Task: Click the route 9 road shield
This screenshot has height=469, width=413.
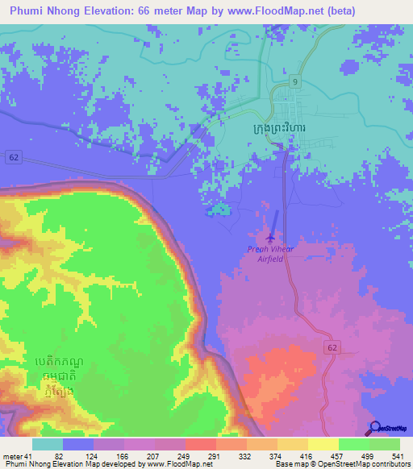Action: pyautogui.click(x=296, y=82)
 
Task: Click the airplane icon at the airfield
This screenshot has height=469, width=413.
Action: pyautogui.click(x=269, y=237)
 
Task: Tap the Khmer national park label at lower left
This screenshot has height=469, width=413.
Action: pyautogui.click(x=59, y=376)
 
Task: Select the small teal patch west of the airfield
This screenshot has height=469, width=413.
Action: pyautogui.click(x=219, y=211)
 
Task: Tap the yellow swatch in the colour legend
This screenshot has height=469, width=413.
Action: pyautogui.click(x=323, y=444)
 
